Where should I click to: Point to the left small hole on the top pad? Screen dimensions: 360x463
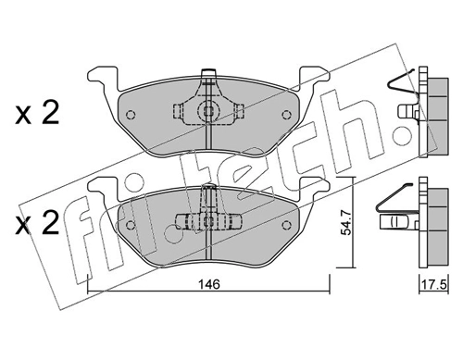(x=131, y=117)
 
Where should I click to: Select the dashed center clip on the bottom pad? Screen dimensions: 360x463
(x=208, y=221)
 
